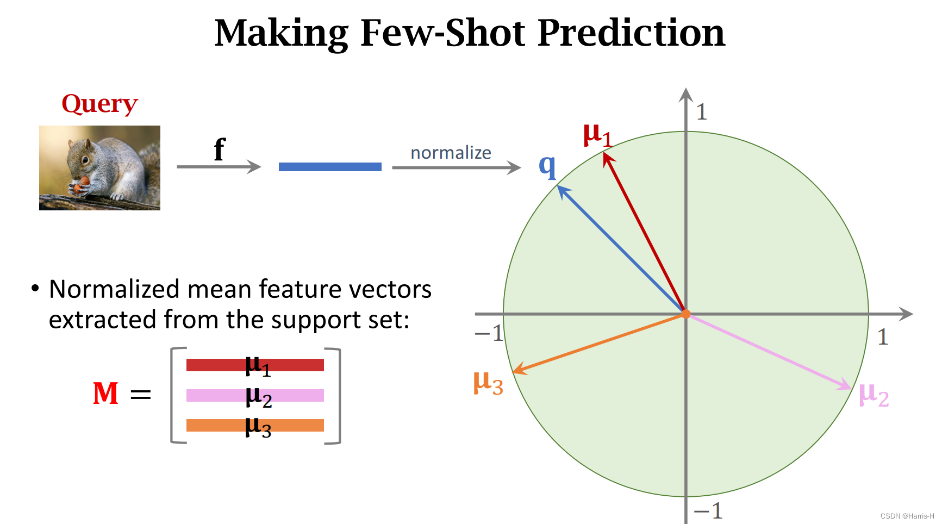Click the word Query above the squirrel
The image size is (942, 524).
point(99,103)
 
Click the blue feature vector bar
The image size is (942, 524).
point(330,167)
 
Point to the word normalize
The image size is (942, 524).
point(451,153)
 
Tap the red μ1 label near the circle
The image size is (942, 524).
point(597,134)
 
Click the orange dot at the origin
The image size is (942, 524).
point(686,314)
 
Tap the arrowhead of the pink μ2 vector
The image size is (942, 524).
point(846,385)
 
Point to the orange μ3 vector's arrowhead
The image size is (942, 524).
point(518,370)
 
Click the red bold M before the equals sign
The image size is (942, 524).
point(105,394)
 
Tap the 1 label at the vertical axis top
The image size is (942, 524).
point(701,112)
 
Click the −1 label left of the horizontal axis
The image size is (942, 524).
point(489,333)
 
